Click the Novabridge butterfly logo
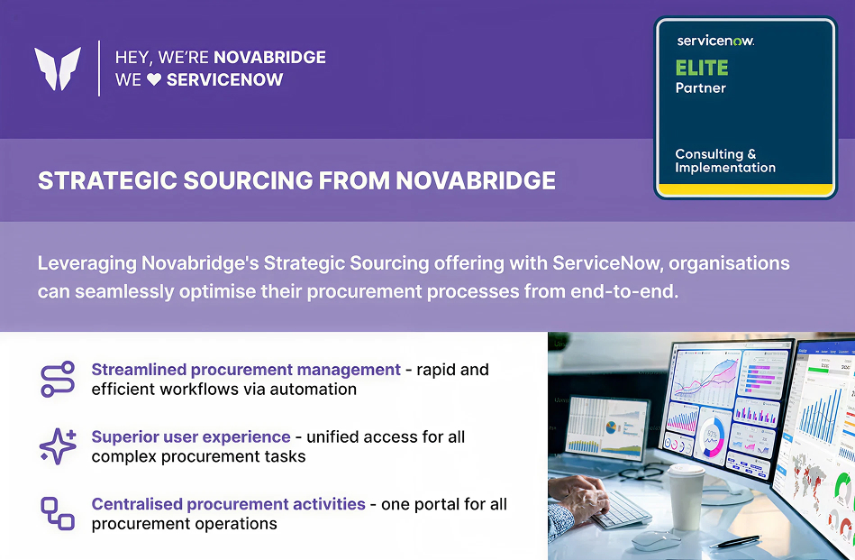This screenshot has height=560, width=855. pos(58,69)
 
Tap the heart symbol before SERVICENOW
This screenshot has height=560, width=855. pos(154,80)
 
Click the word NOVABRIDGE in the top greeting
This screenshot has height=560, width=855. pos(269,57)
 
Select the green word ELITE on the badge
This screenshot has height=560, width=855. pos(702,68)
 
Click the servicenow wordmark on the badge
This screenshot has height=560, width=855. pos(715,41)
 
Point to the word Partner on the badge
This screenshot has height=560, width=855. pos(700,88)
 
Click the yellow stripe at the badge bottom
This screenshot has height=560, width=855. pos(744,189)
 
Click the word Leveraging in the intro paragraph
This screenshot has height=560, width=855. pos(86,264)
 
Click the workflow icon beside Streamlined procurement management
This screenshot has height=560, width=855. pos(58,380)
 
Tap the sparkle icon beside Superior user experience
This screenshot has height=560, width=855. pos(58,446)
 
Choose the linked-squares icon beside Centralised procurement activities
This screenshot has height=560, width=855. pos(58,513)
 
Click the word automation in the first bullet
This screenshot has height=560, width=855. pos(314,390)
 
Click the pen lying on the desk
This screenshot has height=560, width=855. pos(734,541)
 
